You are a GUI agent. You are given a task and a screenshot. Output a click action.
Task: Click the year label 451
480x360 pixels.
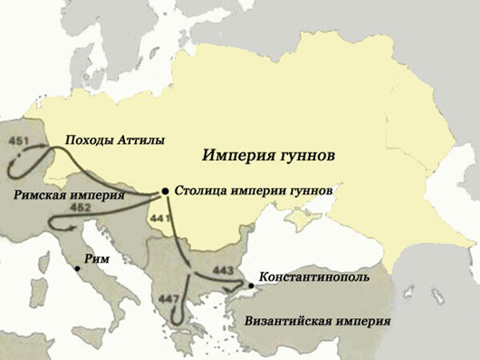tap(20, 142)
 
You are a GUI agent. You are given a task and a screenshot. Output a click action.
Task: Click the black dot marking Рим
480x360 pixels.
tap(77, 269)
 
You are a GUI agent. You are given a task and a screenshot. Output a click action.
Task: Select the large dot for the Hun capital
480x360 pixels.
tap(165, 190)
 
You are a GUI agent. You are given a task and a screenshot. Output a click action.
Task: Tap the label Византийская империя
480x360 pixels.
tap(318, 322)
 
